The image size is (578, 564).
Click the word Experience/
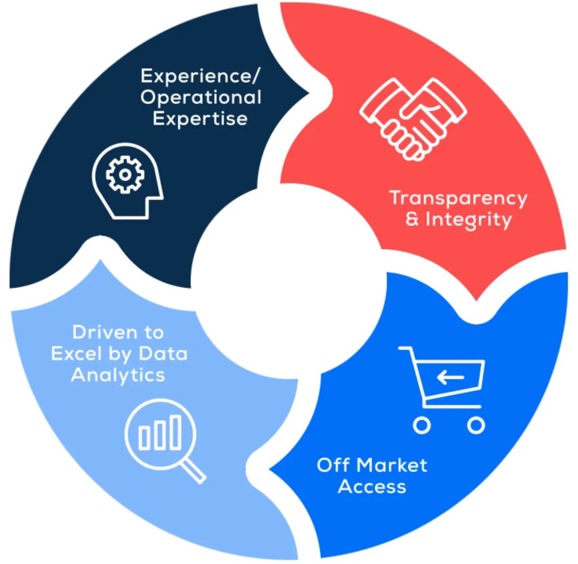tap(200, 76)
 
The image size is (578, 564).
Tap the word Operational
tap(201, 98)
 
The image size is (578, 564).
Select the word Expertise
tap(200, 119)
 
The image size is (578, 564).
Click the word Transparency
tap(458, 198)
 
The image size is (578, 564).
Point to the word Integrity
tap(468, 220)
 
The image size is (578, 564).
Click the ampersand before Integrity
tap(412, 219)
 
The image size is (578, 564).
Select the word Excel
tap(76, 354)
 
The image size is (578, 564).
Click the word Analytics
tap(118, 375)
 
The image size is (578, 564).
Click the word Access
tap(372, 486)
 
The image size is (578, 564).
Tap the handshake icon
tap(413, 118)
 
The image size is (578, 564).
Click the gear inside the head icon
tap(125, 174)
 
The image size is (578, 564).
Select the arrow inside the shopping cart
tap(450, 377)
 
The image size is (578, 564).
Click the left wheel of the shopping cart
tap(422, 425)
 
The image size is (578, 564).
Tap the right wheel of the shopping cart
tap(476, 425)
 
